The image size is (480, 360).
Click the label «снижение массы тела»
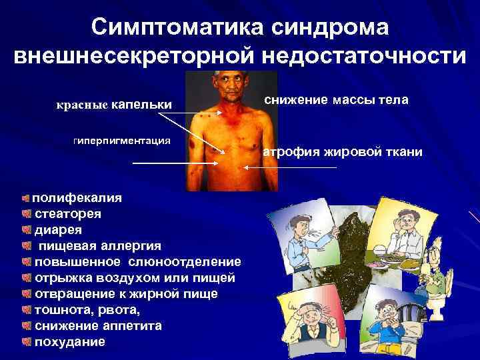pyautogui.click(x=337, y=100)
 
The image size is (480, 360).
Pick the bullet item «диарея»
pyautogui.click(x=59, y=230)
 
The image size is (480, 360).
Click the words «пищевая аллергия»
pyautogui.click(x=99, y=246)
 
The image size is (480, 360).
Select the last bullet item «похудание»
pyautogui.click(x=69, y=342)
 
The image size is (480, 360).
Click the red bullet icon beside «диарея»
pyautogui.click(x=25, y=230)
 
